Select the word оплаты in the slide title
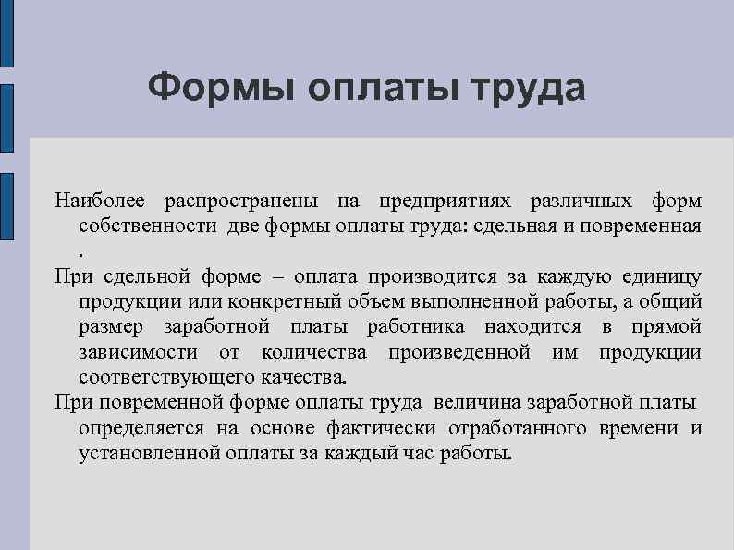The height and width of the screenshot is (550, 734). [381, 91]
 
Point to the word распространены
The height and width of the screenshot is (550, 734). [240, 201]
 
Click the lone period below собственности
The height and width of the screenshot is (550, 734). [81, 251]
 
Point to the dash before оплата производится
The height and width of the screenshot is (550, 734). [279, 276]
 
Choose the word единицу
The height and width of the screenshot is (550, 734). [657, 276]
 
